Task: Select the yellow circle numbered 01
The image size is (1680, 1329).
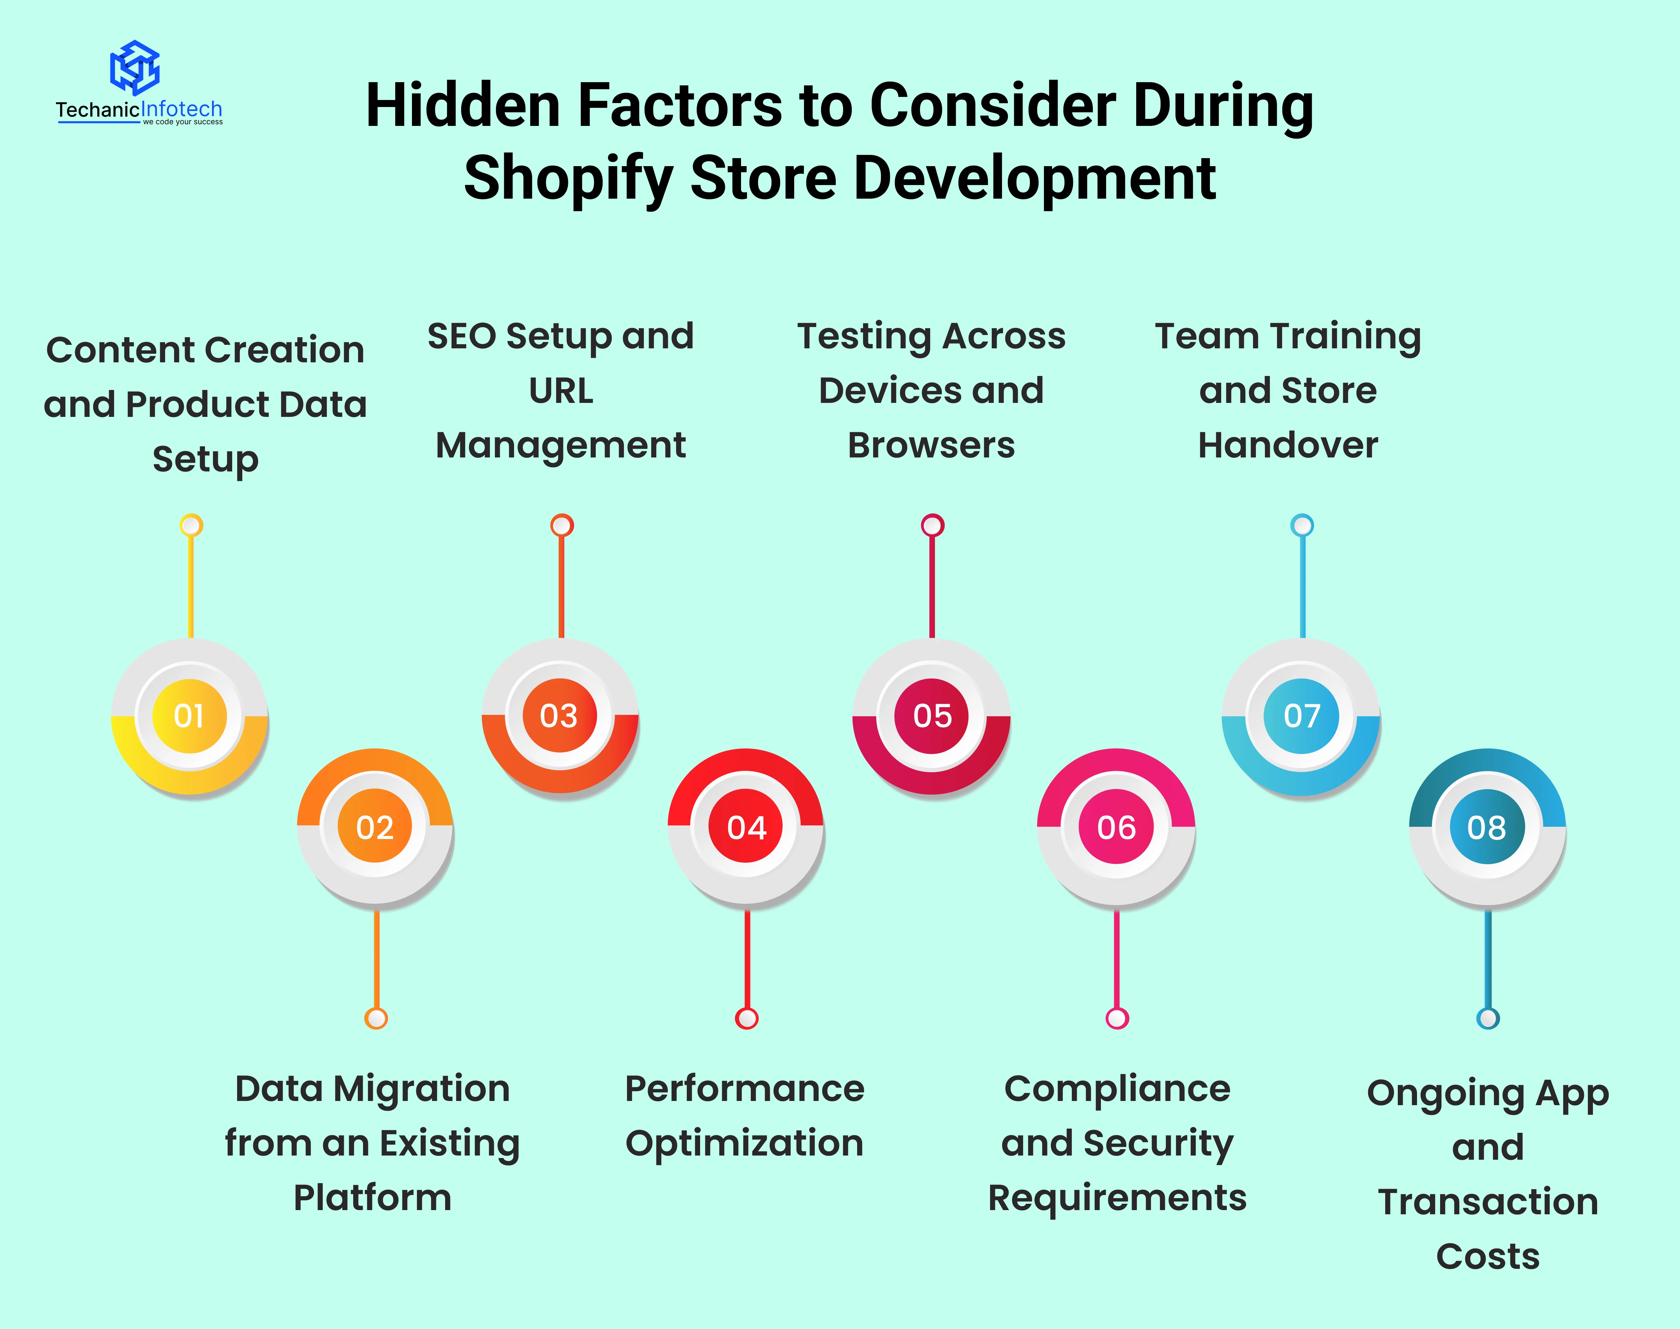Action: coord(190,716)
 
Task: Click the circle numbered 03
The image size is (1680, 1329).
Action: coord(560,716)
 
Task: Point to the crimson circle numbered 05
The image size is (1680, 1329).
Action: coord(931,716)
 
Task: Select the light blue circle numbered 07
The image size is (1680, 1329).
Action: coord(1301,716)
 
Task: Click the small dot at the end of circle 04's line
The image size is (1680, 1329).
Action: coord(746,1018)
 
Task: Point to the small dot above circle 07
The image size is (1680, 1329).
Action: coord(1302,525)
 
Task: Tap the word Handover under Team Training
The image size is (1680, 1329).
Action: coord(1288,445)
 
